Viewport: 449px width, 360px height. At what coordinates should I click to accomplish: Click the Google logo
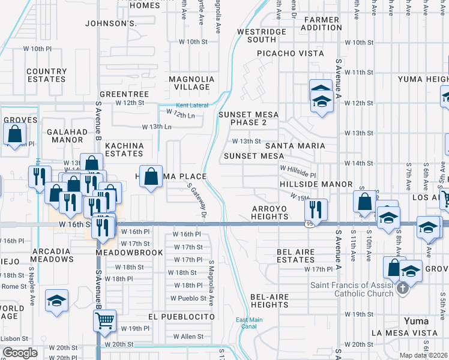pyautogui.click(x=19, y=353)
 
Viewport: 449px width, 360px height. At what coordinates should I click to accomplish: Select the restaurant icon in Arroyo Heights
pyautogui.click(x=315, y=209)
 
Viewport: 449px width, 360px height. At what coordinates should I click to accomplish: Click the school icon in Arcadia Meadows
pyautogui.click(x=56, y=301)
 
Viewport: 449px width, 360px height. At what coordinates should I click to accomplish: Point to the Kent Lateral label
pyautogui.click(x=191, y=105)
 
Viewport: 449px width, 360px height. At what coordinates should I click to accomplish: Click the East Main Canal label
pyautogui.click(x=249, y=323)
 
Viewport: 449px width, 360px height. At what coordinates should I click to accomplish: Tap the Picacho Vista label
pyautogui.click(x=291, y=53)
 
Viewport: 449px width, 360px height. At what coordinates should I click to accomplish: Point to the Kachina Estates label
pyautogui.click(x=124, y=149)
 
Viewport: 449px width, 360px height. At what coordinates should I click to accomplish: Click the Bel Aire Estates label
pyautogui.click(x=295, y=256)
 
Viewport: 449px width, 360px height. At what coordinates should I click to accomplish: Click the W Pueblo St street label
pyautogui.click(x=188, y=298)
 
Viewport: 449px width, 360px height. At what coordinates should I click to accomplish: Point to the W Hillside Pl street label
pyautogui.click(x=296, y=171)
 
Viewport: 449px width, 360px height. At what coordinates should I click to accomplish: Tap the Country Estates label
pyautogui.click(x=46, y=75)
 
